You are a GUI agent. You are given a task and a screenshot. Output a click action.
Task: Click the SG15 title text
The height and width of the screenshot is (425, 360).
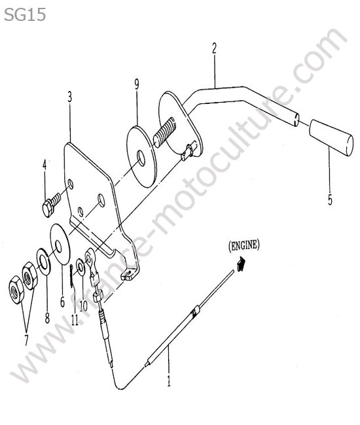pyautogui.click(x=25, y=14)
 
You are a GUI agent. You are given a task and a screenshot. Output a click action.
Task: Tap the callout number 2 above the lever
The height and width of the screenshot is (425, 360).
pyautogui.click(x=214, y=49)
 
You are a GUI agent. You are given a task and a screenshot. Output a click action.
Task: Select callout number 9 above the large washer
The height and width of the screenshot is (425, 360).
pyautogui.click(x=137, y=84)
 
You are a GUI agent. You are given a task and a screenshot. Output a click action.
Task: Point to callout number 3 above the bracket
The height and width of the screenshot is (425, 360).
pyautogui.click(x=70, y=97)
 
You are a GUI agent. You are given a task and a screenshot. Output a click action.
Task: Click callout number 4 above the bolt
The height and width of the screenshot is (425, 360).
pyautogui.click(x=45, y=165)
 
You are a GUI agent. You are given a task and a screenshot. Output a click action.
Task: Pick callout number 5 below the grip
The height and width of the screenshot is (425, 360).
pyautogui.click(x=330, y=200)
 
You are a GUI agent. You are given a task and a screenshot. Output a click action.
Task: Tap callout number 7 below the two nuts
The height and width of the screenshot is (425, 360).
pyautogui.click(x=26, y=340)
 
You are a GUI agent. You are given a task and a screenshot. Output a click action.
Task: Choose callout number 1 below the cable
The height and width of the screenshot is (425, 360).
pyautogui.click(x=169, y=381)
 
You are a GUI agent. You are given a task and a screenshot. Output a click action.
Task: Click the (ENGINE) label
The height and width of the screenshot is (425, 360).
pyautogui.click(x=244, y=246)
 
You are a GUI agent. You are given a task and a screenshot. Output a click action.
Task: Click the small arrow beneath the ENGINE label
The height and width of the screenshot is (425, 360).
pyautogui.click(x=241, y=264)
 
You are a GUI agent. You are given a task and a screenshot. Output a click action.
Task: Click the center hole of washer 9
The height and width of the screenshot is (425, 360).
pyautogui.click(x=141, y=158)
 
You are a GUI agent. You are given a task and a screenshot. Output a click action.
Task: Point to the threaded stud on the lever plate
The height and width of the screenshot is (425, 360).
pyautogui.click(x=164, y=132)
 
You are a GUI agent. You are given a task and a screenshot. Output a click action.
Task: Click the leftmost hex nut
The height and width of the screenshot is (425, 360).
pyautogui.click(x=16, y=290)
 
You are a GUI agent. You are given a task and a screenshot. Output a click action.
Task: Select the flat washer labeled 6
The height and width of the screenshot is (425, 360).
pyautogui.click(x=60, y=244)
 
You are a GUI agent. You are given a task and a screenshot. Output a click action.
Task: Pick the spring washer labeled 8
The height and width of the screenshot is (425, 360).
pyautogui.click(x=43, y=261)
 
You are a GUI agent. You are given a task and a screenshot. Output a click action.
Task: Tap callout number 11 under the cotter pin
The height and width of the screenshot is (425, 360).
pyautogui.click(x=75, y=319)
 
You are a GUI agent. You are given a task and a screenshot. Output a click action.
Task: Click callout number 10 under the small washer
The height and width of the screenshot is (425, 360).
pyautogui.click(x=84, y=306)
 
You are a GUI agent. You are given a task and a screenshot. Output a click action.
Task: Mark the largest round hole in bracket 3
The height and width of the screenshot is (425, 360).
pyautogui.click(x=101, y=200)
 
